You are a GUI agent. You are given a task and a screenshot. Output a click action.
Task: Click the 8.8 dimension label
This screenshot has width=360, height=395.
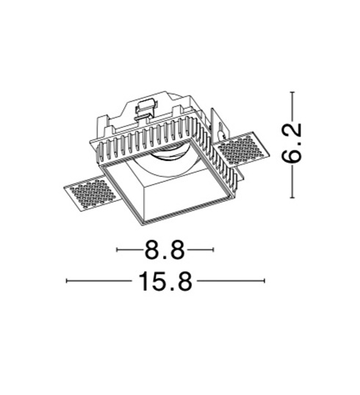pos(165,250)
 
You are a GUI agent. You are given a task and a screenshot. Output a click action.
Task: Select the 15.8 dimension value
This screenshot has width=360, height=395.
pos(165,281)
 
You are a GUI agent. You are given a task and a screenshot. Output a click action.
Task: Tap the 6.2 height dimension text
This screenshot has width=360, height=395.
pos(292,142)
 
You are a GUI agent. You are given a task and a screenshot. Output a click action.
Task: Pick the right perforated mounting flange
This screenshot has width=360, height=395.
pos(241,149)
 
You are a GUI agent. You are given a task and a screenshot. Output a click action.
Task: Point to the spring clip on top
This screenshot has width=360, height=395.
pos(145,109)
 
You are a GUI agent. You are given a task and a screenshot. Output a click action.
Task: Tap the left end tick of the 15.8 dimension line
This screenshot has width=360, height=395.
pos(66,280)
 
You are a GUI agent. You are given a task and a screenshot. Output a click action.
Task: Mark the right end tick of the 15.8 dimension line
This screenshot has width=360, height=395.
pos(264,280)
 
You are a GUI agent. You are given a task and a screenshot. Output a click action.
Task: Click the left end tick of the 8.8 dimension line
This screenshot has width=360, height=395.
pos(117,250)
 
